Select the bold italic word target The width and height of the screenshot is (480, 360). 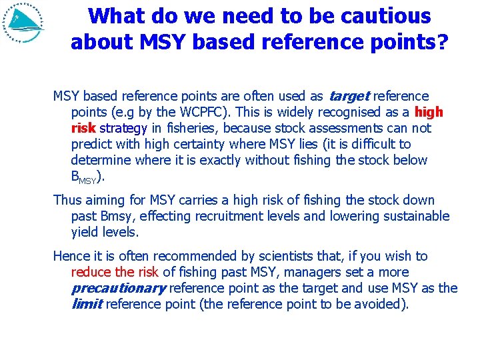349,96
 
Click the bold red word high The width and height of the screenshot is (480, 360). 429,112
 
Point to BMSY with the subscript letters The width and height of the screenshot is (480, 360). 85,177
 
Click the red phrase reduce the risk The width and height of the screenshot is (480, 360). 115,272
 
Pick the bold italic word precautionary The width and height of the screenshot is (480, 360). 118,288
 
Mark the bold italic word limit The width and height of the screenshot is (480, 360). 86,304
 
